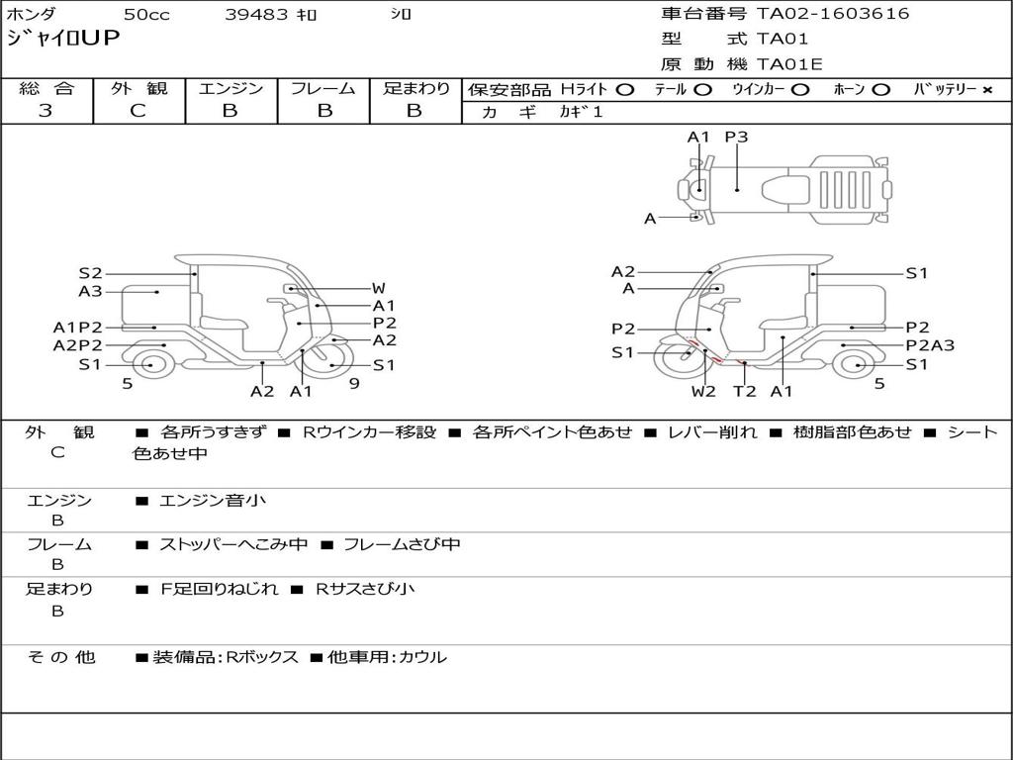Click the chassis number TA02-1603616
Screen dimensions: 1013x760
[x=833, y=14]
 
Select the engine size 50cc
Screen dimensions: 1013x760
[x=146, y=14]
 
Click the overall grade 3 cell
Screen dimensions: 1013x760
[x=46, y=111]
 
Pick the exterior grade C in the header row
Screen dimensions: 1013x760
[x=138, y=111]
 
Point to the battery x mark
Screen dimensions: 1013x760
[x=987, y=90]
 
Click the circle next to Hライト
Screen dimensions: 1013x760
[x=625, y=90]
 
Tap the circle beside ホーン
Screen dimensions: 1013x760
[x=880, y=90]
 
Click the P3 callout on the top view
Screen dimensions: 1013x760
[x=736, y=137]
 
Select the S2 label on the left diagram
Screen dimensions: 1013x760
[x=90, y=273]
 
